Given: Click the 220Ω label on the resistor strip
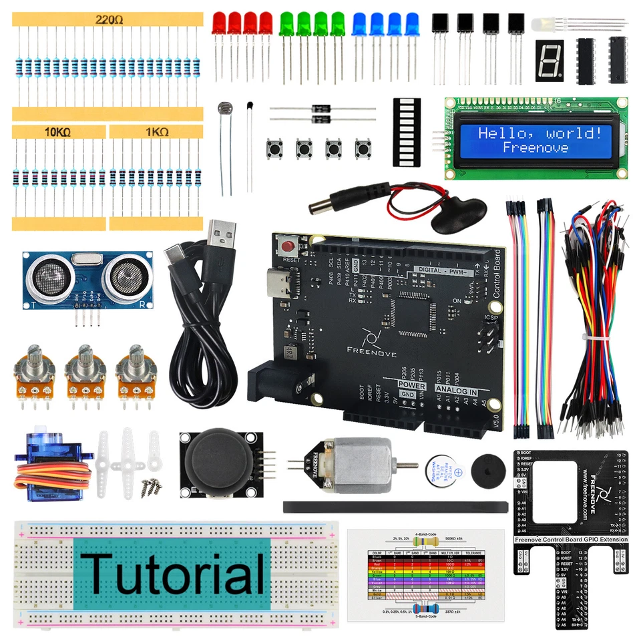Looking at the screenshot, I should coord(109,20).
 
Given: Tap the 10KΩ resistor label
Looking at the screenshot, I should coord(58,132).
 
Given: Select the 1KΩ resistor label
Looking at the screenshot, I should coord(156,132).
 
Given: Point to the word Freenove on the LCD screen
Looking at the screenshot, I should coord(536,148).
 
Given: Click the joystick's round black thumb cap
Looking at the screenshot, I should coord(218,463).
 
